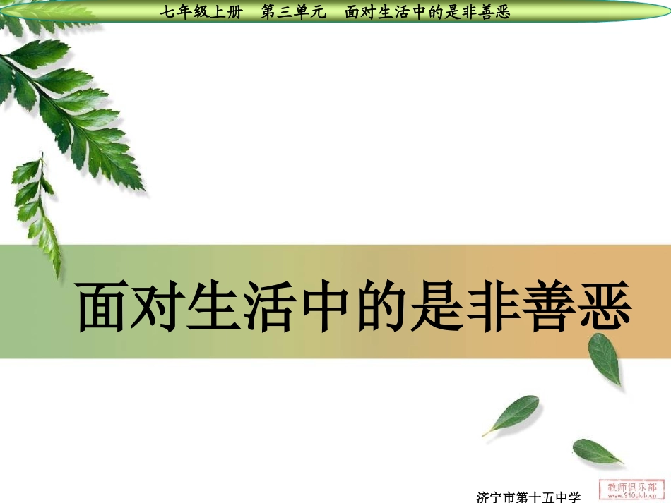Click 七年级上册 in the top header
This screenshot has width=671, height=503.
201,12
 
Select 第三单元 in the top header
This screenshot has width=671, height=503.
290,12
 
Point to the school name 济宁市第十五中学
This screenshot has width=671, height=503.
528,497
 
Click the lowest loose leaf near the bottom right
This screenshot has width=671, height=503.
597,451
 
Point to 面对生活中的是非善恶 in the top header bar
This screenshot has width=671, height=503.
427,12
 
